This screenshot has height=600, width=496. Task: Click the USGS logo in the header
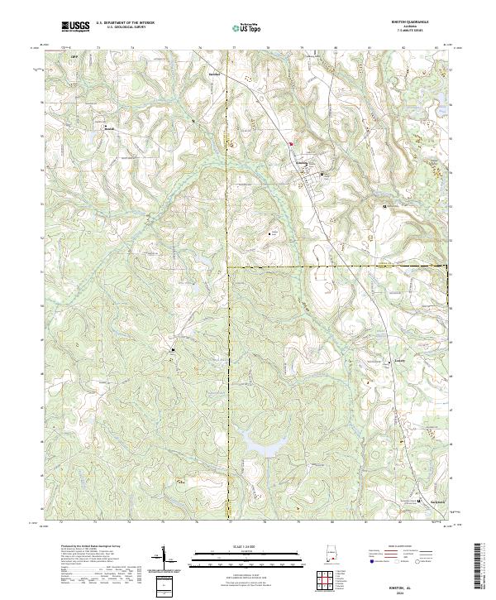[x=76, y=27]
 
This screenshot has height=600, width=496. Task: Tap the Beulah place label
[x=110, y=128]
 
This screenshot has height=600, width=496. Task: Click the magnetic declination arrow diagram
[x=163, y=559]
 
